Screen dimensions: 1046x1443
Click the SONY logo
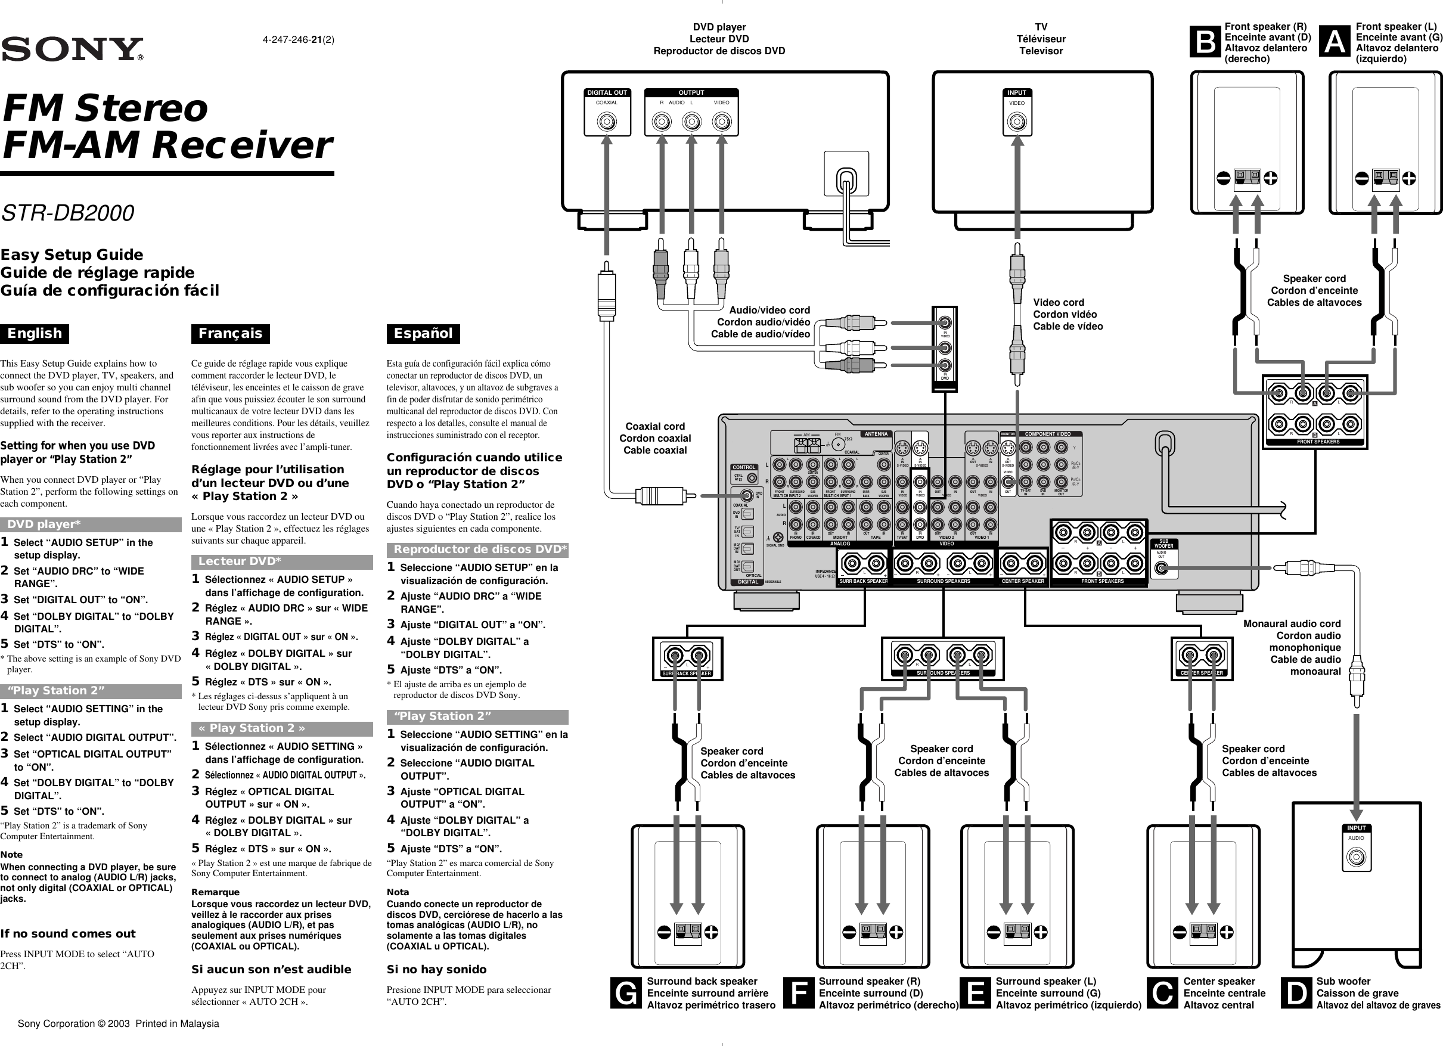tap(72, 49)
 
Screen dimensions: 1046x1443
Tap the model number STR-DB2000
tap(67, 213)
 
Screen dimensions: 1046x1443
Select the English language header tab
tap(35, 333)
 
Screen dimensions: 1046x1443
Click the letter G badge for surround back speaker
tap(626, 993)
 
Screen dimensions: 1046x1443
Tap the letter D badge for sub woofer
tap(1296, 993)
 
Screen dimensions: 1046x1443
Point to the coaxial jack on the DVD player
tap(607, 122)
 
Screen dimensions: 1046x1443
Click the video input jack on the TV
tap(1017, 122)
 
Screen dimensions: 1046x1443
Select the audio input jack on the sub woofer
tap(1356, 858)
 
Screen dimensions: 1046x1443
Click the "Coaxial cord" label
tap(654, 426)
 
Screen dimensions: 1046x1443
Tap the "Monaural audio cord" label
tap(1292, 623)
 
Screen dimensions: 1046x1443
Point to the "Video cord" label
tap(1059, 302)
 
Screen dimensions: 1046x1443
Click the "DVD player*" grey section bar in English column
tap(91, 524)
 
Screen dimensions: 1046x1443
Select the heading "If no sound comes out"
tap(68, 934)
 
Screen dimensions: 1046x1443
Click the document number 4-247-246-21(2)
tap(299, 39)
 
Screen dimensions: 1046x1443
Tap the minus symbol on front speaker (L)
tap(1361, 179)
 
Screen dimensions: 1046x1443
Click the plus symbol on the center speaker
tap(1227, 932)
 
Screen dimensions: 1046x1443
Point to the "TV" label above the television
tap(1041, 27)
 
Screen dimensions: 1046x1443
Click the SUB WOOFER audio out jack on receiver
tap(1162, 567)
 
